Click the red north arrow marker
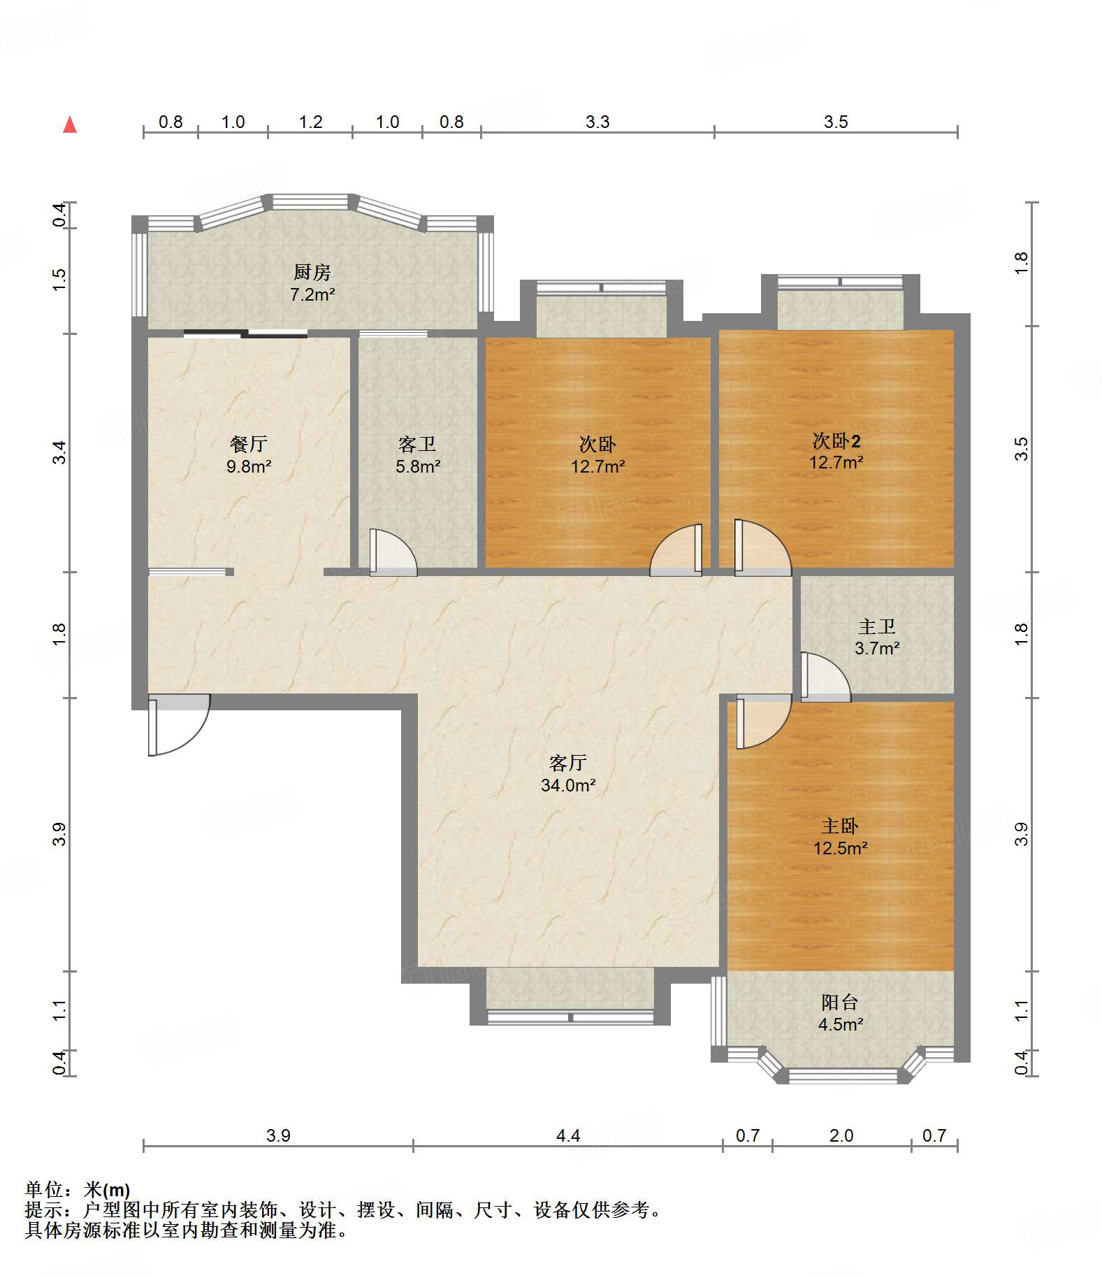[70, 124]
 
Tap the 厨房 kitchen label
[312, 272]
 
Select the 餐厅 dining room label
[248, 444]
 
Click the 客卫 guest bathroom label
[417, 444]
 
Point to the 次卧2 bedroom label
[836, 440]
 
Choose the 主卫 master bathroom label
[876, 626]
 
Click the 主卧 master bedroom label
[840, 826]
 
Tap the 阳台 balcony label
[840, 1003]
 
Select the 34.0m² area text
[568, 785]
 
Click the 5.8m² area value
[418, 466]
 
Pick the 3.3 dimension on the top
[597, 122]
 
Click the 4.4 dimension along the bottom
[568, 1135]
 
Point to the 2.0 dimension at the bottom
[841, 1135]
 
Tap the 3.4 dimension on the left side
[60, 452]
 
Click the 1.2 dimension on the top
[310, 122]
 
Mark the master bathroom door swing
[825, 677]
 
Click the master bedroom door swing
[763, 721]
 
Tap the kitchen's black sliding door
[245, 333]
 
